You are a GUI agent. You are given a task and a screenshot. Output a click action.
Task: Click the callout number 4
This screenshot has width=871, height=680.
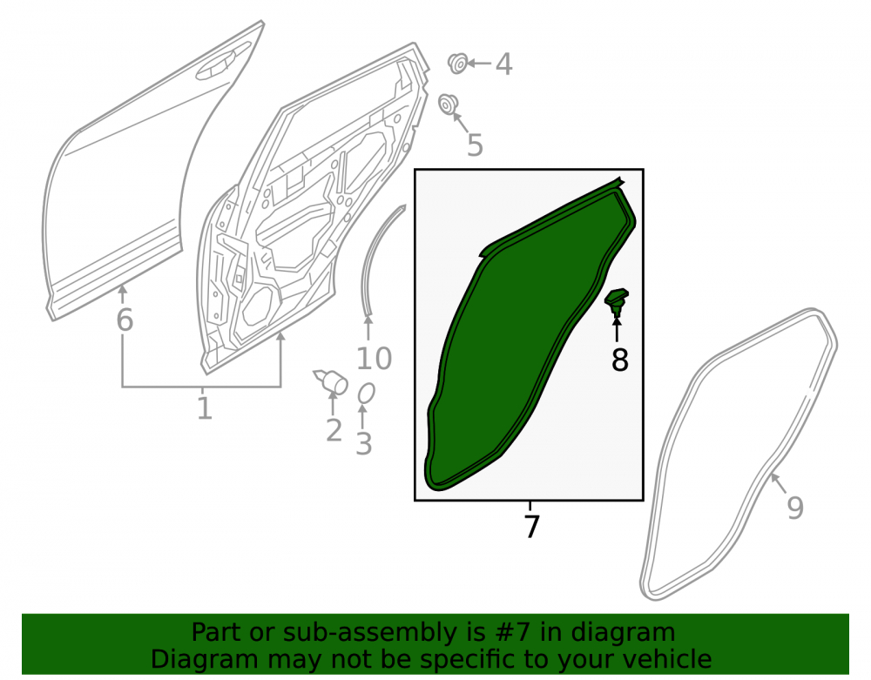coord(503,64)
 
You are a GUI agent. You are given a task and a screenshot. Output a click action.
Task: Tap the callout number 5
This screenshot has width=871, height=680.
coord(475,145)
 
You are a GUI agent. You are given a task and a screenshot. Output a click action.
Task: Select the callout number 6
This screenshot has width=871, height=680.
coord(125,320)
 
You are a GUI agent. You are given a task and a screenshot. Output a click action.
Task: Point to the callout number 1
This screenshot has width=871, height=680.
coord(205,408)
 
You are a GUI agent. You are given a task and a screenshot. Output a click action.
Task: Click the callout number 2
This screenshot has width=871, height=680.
coord(334,431)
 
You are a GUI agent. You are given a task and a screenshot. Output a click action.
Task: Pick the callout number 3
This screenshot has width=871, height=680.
coord(363,444)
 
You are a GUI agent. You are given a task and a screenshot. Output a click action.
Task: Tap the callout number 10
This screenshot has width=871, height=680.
coord(374,359)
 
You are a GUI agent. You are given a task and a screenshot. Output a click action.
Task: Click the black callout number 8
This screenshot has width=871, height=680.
coord(619,360)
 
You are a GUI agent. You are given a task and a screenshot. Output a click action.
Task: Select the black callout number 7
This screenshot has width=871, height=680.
coord(531,527)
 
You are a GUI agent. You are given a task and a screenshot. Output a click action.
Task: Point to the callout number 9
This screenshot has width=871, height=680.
coord(795,508)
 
